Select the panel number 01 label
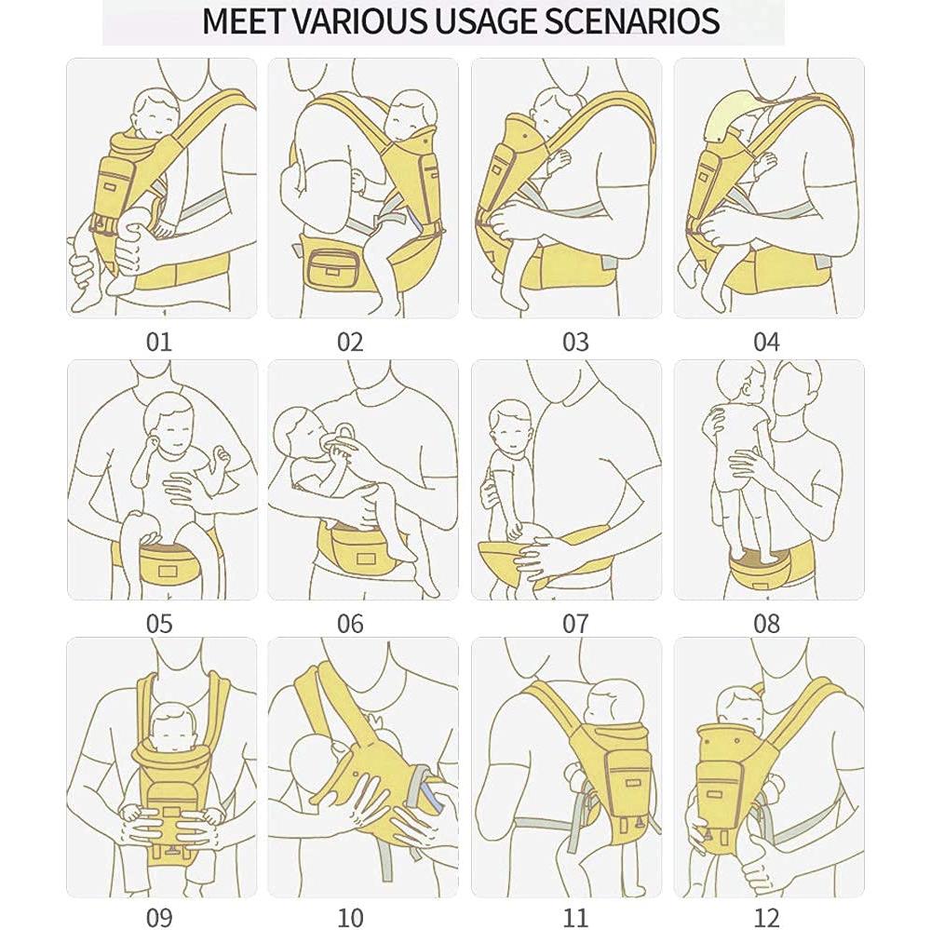click(159, 343)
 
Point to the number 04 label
click(766, 343)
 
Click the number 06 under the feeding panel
click(350, 624)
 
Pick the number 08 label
click(766, 624)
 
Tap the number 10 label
click(350, 917)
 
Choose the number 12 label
click(766, 917)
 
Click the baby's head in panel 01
click(155, 114)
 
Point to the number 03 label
click(575, 343)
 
